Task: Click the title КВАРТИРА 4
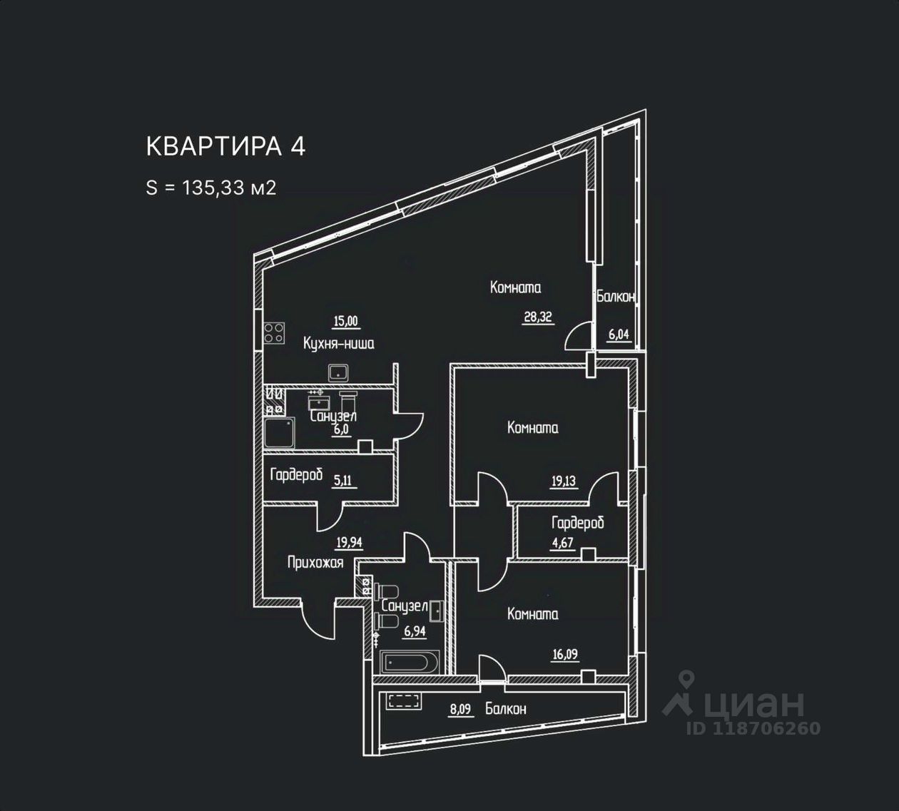click(x=225, y=146)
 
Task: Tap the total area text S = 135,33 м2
click(x=210, y=188)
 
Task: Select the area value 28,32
click(x=538, y=317)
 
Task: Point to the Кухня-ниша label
click(x=339, y=344)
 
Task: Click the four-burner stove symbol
click(x=274, y=333)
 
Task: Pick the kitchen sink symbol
click(x=339, y=372)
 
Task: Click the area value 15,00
click(x=346, y=321)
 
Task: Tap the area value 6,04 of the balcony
click(x=619, y=335)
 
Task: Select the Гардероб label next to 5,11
click(x=296, y=475)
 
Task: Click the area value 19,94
click(x=349, y=543)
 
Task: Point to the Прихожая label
click(x=315, y=563)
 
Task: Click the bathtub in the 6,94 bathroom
click(x=410, y=662)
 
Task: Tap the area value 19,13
click(x=564, y=481)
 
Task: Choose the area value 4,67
click(x=562, y=543)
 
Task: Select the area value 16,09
click(x=565, y=654)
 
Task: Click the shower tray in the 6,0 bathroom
click(x=279, y=433)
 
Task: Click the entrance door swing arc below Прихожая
click(x=318, y=621)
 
